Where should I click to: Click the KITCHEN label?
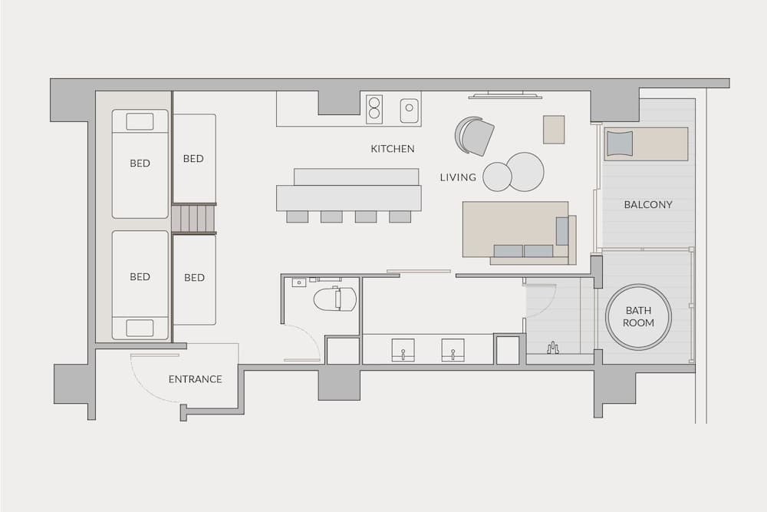click(393, 149)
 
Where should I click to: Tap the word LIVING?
click(458, 177)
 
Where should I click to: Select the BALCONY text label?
click(648, 205)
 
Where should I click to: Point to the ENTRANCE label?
click(196, 379)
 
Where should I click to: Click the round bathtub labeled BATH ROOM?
click(638, 317)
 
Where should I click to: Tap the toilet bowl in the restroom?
click(336, 299)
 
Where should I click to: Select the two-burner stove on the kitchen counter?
click(374, 109)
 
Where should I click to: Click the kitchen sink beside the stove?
click(410, 111)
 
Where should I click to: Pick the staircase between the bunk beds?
click(194, 218)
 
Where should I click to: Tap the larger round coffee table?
click(526, 171)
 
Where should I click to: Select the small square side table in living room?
click(554, 129)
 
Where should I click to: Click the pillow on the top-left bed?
click(140, 121)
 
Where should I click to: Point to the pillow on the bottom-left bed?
click(140, 328)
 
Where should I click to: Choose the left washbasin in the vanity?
click(403, 350)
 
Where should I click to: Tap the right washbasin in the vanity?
click(453, 350)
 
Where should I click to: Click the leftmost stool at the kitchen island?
click(297, 216)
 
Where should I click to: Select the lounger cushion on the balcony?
click(619, 144)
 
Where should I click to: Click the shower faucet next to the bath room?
click(553, 348)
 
